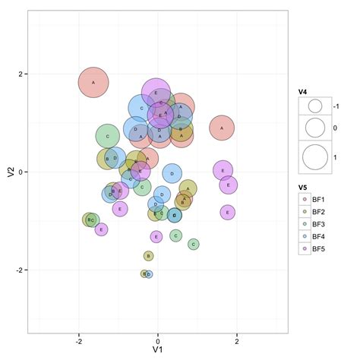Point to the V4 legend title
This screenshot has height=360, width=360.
[303, 92]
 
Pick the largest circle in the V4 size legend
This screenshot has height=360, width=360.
[314, 157]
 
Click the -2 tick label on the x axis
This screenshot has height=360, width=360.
[78, 341]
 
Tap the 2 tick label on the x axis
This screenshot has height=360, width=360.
[237, 341]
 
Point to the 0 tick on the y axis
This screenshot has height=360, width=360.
[21, 172]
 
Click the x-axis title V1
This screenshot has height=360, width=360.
[158, 352]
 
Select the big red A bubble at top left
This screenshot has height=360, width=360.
[93, 82]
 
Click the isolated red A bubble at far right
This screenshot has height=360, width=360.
[222, 128]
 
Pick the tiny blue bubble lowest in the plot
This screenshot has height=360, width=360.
[148, 274]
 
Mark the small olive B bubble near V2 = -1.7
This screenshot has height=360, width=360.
[149, 256]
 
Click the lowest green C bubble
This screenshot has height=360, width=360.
[193, 244]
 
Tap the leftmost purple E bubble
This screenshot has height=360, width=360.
[101, 229]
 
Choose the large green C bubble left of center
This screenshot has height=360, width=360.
[108, 137]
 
